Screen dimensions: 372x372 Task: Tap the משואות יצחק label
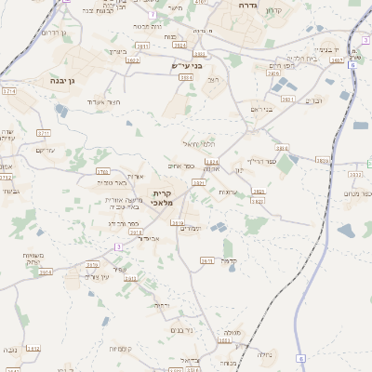pos(40,259)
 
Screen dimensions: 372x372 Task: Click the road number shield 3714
pos(9,92)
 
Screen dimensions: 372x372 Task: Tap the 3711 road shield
pos(44,134)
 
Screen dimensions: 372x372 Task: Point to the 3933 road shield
pos(322,161)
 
